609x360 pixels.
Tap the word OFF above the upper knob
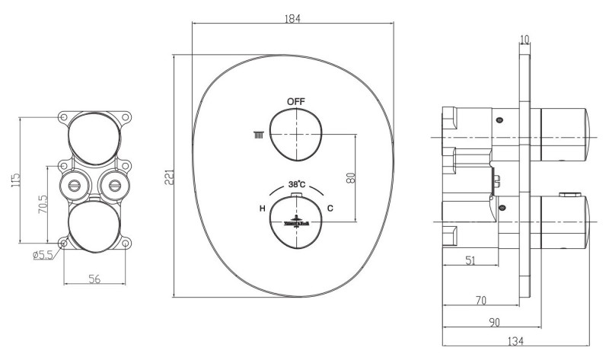point(296,101)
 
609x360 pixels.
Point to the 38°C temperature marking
point(297,183)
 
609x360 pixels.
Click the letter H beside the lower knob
point(262,209)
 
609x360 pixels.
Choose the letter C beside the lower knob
point(330,209)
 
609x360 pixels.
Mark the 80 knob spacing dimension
point(351,177)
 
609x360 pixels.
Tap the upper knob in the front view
point(296,134)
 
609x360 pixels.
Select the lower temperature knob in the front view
point(296,221)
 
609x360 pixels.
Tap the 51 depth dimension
point(472,260)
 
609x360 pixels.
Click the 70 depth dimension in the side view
point(480,301)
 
